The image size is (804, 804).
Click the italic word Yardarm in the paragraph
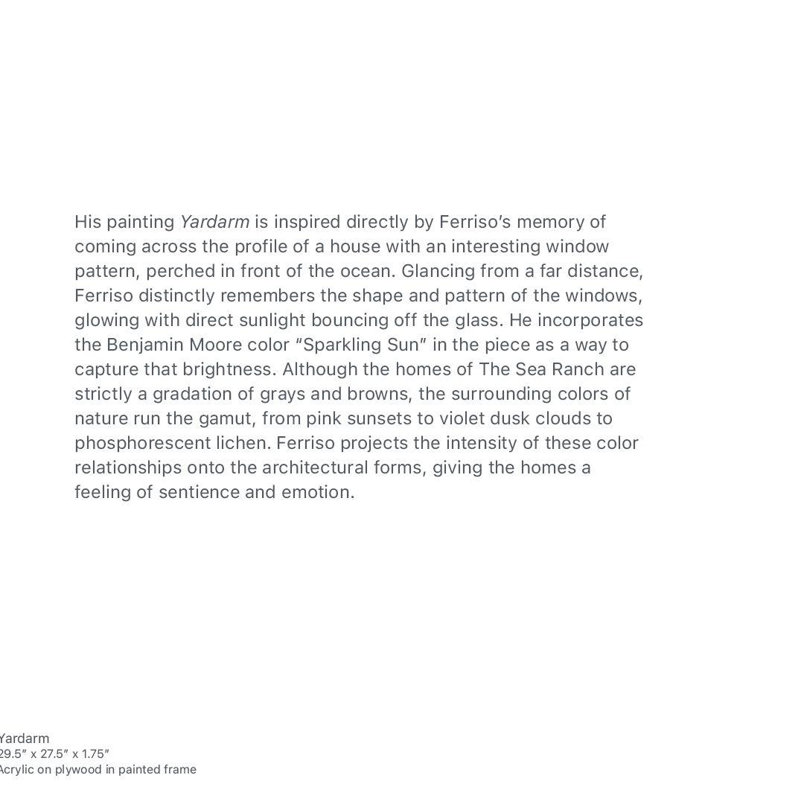[214, 222]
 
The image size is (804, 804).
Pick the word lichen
[243, 443]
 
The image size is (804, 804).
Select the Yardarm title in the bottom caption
[25, 738]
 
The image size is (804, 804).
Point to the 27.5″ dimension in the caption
[54, 753]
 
